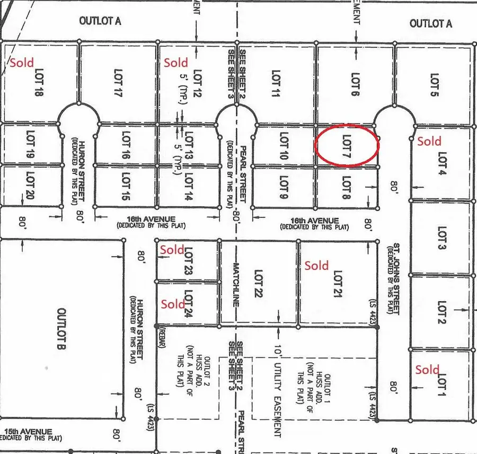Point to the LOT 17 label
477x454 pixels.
(x=118, y=83)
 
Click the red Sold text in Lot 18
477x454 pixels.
(x=21, y=63)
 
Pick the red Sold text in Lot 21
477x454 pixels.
(x=316, y=265)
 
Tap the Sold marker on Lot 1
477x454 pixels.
(x=427, y=370)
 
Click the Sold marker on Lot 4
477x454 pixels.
(x=429, y=141)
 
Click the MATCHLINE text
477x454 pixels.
(x=237, y=286)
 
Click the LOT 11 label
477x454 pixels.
(x=275, y=84)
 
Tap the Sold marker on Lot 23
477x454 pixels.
(x=172, y=249)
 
